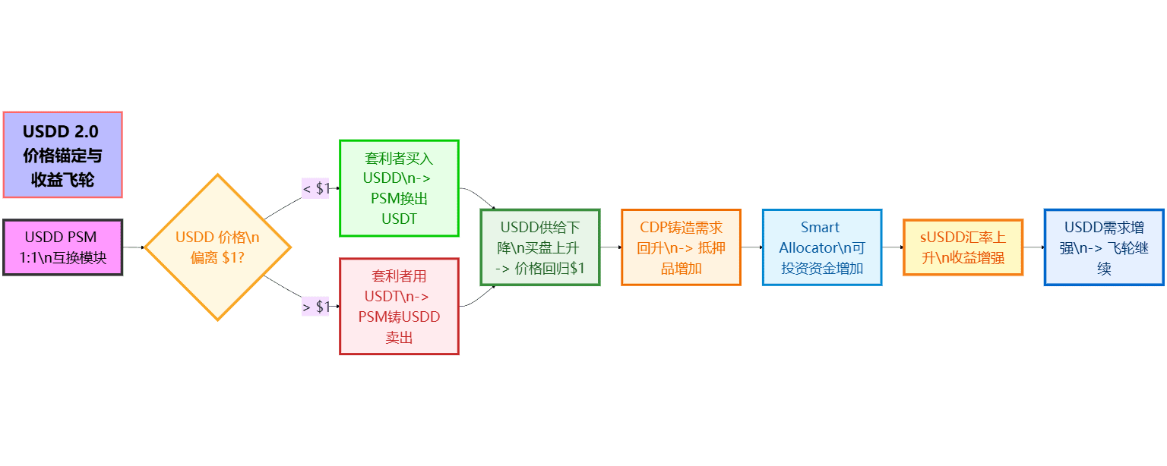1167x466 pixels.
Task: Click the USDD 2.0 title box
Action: click(x=62, y=155)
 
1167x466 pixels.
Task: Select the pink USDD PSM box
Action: click(x=62, y=247)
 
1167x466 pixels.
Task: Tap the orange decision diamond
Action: click(x=218, y=247)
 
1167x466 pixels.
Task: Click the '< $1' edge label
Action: click(x=316, y=188)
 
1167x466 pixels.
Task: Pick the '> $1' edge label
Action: click(x=316, y=307)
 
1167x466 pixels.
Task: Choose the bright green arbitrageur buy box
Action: click(x=399, y=188)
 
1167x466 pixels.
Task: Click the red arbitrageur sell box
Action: click(x=399, y=307)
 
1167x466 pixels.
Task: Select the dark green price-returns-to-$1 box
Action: click(x=540, y=247)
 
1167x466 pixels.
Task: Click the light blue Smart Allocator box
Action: click(x=822, y=247)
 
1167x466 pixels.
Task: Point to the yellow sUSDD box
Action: click(x=963, y=247)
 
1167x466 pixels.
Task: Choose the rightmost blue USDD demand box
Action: click(x=1104, y=247)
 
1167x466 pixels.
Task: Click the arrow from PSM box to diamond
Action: click(x=134, y=247)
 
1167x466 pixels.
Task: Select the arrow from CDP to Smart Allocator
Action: click(x=751, y=247)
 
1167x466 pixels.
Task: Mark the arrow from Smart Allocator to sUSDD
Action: click(x=892, y=247)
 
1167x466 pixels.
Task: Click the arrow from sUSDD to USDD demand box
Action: click(x=1033, y=247)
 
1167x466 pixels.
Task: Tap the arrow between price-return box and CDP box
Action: click(x=611, y=247)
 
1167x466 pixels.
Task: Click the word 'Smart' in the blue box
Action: click(x=821, y=228)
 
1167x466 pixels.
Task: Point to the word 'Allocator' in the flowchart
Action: click(x=808, y=248)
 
